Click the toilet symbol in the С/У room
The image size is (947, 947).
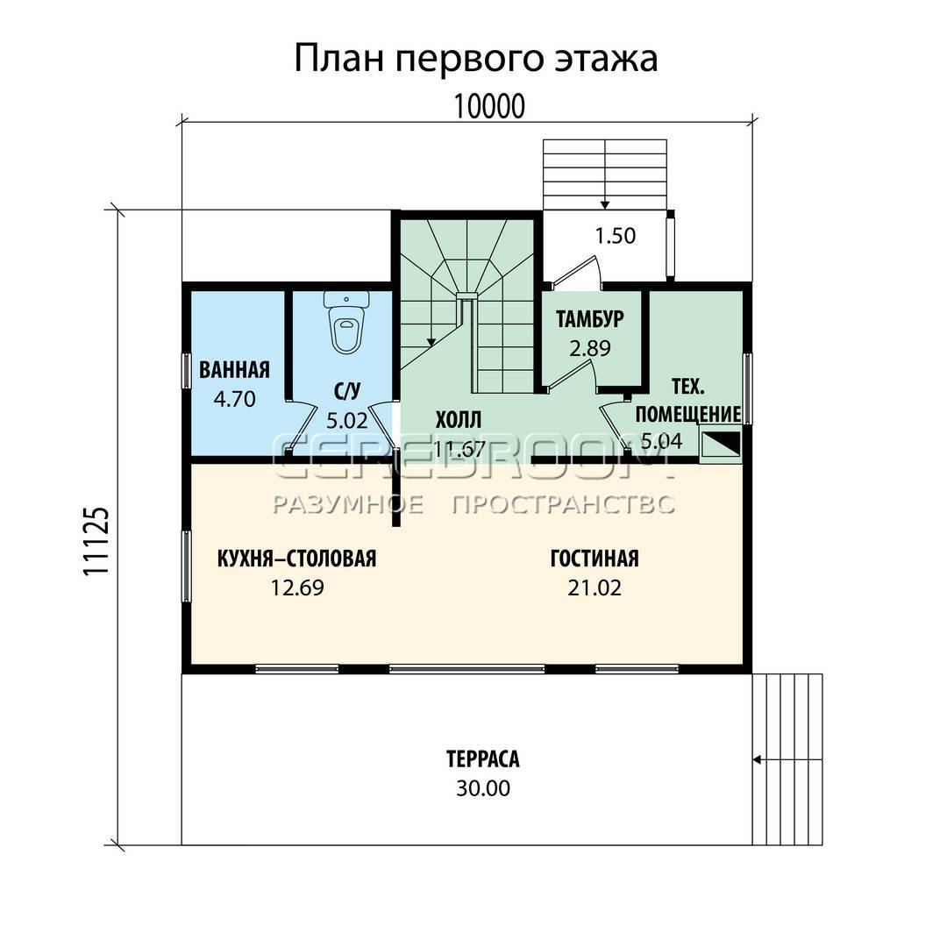[346, 322]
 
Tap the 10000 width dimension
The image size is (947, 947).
[488, 107]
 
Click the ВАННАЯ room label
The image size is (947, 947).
[234, 370]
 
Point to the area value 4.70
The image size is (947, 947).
[234, 399]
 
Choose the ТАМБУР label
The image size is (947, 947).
[590, 319]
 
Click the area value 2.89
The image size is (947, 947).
[590, 348]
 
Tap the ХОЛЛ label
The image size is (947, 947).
[459, 420]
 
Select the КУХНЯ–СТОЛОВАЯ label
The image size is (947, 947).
[296, 559]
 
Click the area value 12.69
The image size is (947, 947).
[297, 587]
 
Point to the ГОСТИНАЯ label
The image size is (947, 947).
[595, 559]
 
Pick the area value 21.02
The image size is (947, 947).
[595, 587]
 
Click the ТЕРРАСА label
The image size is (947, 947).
[483, 759]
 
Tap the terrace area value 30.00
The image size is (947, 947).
[483, 789]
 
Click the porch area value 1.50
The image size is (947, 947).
[616, 236]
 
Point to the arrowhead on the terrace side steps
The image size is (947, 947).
[756, 759]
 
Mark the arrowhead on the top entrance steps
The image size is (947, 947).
[605, 204]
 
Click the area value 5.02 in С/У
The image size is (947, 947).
[346, 420]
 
